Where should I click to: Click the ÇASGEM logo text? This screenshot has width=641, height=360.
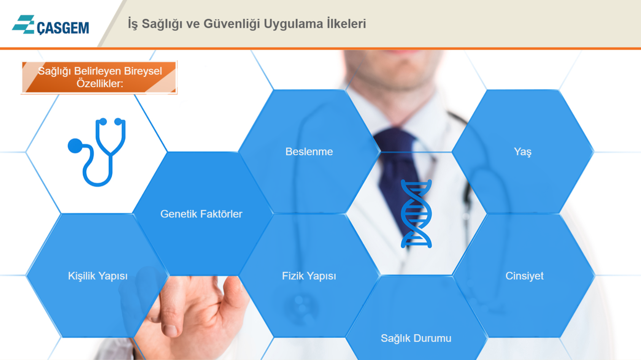tap(63, 28)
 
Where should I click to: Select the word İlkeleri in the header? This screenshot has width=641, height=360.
tap(346, 24)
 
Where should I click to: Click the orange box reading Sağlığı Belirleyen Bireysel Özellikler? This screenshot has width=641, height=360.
tap(99, 77)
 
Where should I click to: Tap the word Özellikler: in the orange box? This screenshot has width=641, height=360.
tap(100, 84)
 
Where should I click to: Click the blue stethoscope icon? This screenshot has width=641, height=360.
tap(97, 152)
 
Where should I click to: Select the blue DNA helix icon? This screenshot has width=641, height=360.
tap(416, 214)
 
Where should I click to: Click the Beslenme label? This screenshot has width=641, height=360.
tap(309, 152)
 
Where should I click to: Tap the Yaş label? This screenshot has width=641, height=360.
tap(522, 152)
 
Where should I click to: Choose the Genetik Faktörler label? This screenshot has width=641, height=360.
tap(201, 214)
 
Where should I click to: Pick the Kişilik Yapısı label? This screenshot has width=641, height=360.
tap(98, 276)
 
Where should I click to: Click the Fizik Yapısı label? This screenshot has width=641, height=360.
tap(309, 276)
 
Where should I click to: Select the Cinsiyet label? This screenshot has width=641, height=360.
tap(524, 276)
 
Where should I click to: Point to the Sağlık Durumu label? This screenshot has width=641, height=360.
tap(416, 338)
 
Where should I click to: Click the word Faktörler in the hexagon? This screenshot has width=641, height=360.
tap(221, 214)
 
